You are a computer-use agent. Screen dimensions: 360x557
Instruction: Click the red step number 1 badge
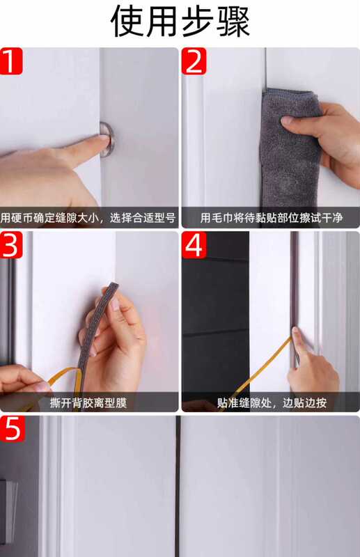11,61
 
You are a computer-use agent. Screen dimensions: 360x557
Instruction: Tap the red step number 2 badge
194,61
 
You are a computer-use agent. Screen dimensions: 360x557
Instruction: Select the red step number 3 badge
11,245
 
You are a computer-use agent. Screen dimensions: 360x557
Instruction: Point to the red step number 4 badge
194,245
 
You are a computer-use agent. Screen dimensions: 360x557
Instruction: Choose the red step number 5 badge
12,429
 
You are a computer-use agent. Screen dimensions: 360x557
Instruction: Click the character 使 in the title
127,22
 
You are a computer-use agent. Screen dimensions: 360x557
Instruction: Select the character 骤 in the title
233,22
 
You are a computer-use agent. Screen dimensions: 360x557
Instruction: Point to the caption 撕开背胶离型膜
88,402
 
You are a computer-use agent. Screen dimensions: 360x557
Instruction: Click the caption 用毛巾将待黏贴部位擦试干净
272,218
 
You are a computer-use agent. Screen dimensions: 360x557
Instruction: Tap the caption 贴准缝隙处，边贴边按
272,402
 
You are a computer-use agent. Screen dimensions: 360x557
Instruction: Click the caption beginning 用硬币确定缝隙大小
88,218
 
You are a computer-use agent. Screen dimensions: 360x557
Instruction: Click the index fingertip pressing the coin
102,140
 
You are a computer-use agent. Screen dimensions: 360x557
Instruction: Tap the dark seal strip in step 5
178,486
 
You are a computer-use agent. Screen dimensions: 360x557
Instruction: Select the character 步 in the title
198,22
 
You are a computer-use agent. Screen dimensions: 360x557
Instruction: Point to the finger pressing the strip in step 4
299,345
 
